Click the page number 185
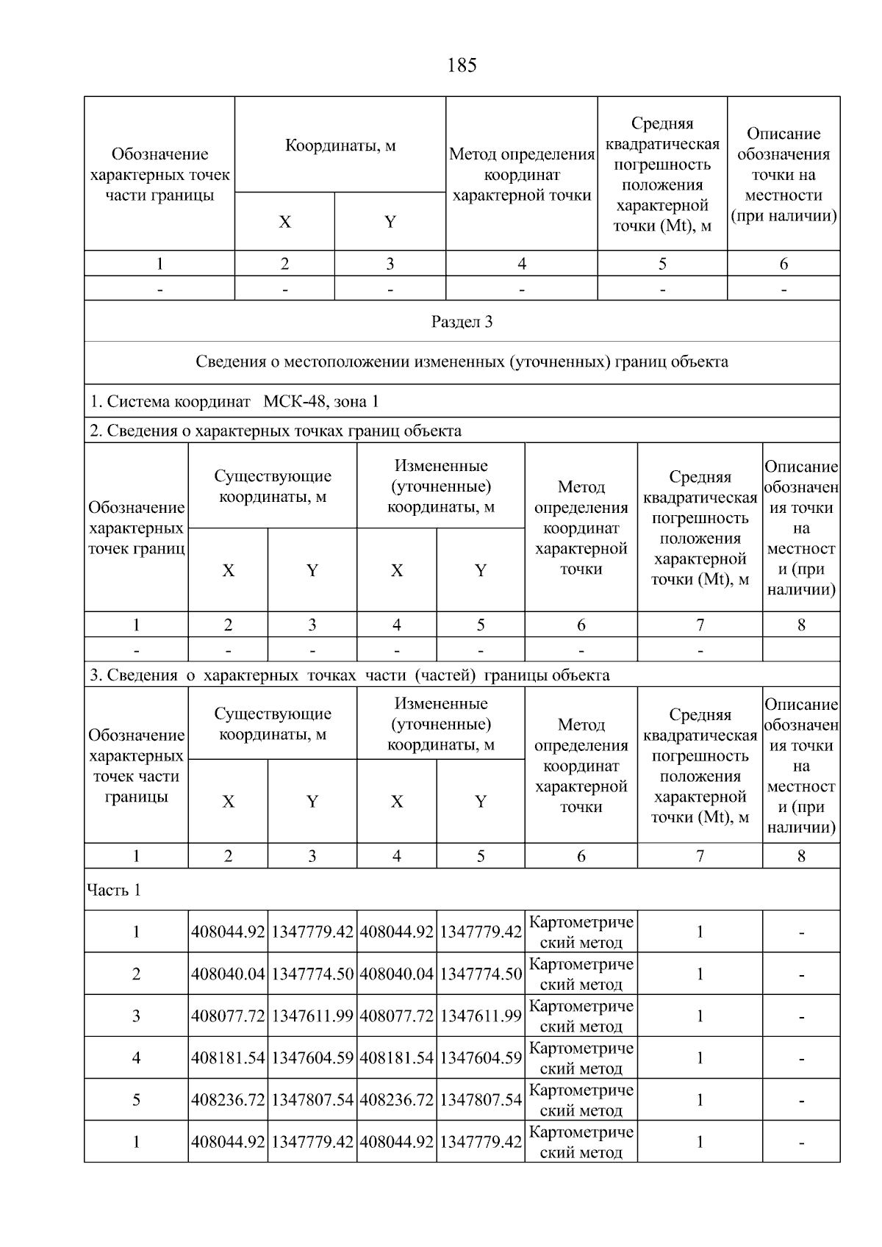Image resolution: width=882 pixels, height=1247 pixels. tap(462, 65)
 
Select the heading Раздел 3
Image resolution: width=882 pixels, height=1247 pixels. tap(462, 322)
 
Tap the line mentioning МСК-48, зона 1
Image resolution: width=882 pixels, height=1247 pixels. tap(234, 401)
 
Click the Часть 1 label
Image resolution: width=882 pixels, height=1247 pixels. tap(114, 890)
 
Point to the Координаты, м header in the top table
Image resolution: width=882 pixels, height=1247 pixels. tap(340, 145)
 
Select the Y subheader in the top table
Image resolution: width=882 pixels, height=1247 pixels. tap(390, 222)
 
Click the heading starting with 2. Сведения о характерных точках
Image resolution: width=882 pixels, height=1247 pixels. tap(276, 431)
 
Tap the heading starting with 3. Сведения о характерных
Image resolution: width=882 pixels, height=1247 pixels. tap(349, 675)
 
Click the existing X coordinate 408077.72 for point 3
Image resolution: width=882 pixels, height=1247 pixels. tap(228, 1016)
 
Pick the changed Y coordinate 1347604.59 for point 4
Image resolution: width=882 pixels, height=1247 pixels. tap(481, 1057)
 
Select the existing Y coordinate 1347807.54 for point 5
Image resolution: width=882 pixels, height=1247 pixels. tap(312, 1099)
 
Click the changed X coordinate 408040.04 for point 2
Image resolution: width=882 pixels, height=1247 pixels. tap(397, 974)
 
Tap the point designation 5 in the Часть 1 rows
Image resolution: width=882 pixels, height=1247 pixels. tap(136, 1099)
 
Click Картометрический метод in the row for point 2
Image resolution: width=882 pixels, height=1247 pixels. tap(581, 974)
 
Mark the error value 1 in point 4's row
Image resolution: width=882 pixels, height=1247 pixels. tap(700, 1057)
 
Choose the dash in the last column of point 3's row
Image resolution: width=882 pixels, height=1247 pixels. tap(801, 1017)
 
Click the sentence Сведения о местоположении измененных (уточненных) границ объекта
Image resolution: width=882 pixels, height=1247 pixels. tap(462, 362)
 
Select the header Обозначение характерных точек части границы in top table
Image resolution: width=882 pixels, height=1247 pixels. tap(159, 174)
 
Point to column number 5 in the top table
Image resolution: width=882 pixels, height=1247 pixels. tap(662, 264)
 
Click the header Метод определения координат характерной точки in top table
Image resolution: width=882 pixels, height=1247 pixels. tap(522, 174)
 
